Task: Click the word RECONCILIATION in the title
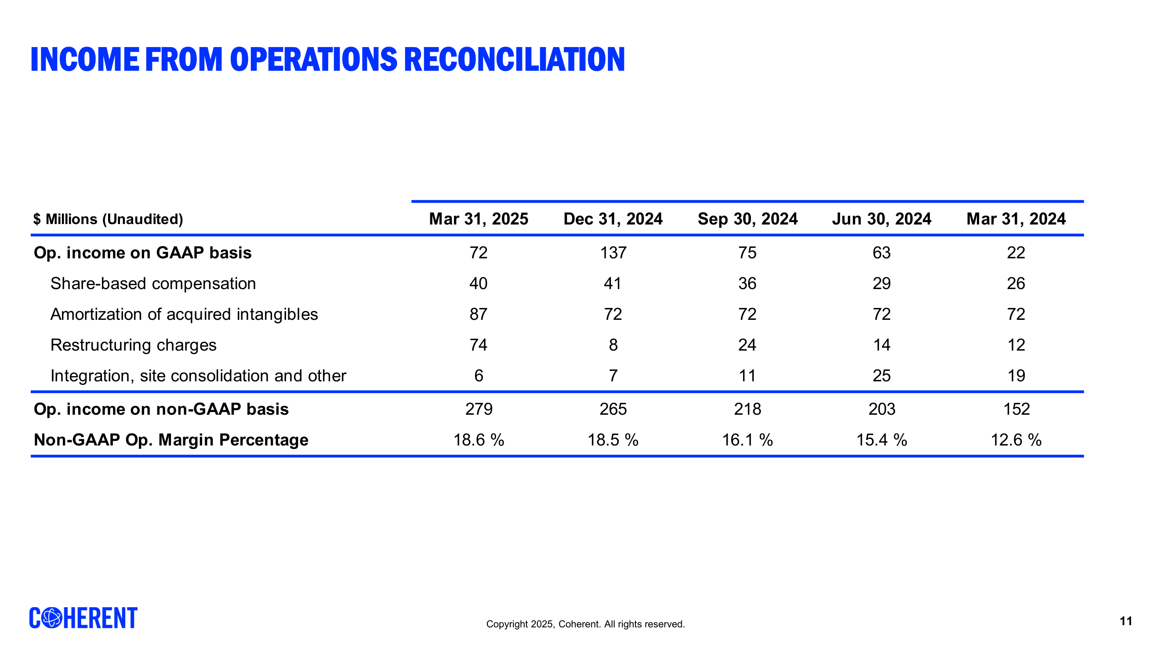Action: click(x=514, y=60)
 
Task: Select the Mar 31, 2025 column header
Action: click(x=478, y=219)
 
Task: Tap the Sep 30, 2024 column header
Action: click(x=747, y=219)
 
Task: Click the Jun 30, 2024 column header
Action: click(x=881, y=219)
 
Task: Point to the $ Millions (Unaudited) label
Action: click(x=108, y=219)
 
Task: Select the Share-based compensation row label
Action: click(x=153, y=283)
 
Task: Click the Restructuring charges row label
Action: click(x=133, y=345)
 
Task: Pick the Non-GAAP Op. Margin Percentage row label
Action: click(x=171, y=440)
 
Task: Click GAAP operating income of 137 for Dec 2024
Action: click(x=613, y=253)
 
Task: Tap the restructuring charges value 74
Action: click(x=478, y=345)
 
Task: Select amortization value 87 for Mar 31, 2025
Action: click(x=478, y=314)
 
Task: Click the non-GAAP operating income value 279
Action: click(x=479, y=409)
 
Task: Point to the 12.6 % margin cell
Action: click(x=1016, y=440)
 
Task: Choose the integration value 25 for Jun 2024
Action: click(x=881, y=376)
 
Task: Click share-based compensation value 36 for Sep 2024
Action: click(x=747, y=283)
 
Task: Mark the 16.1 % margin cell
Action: click(x=747, y=440)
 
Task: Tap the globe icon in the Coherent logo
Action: click(x=52, y=618)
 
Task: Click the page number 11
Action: click(x=1125, y=621)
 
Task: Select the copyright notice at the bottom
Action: click(x=585, y=624)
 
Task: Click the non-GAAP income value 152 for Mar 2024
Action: click(x=1016, y=409)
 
